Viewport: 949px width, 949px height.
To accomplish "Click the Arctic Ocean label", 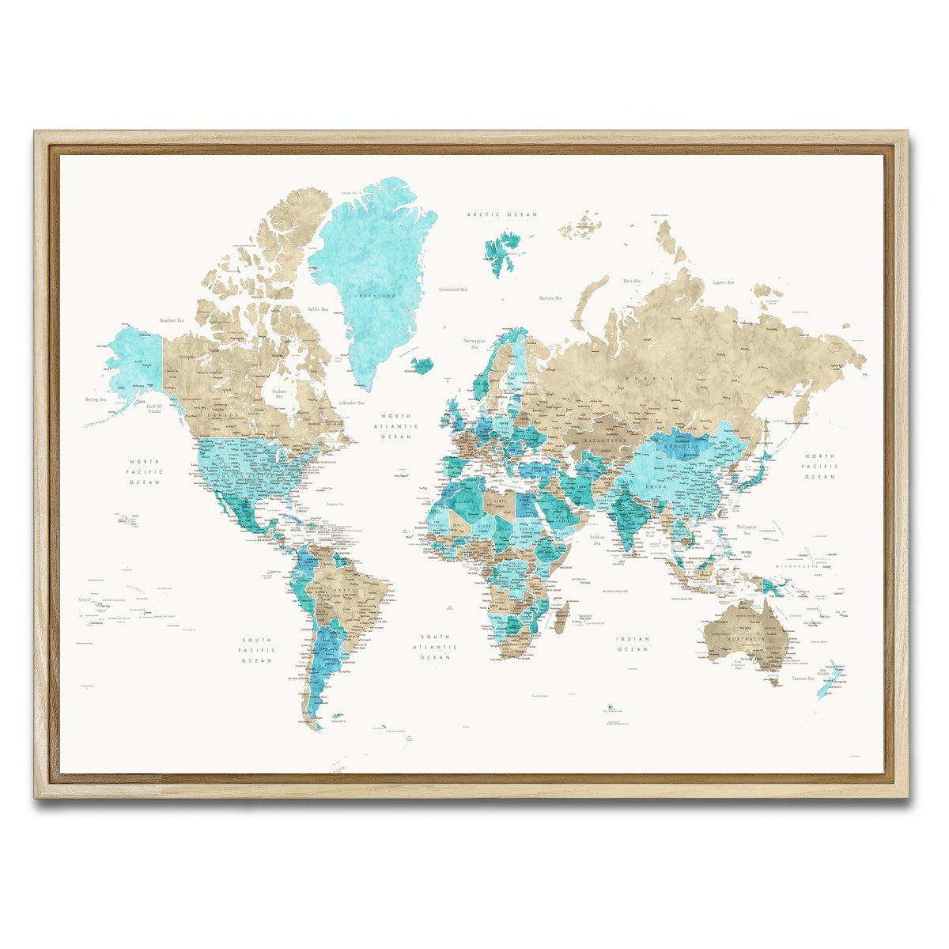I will coord(501,214).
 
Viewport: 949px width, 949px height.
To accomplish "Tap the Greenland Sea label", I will coord(452,290).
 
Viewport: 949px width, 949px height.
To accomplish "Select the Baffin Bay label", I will coord(319,308).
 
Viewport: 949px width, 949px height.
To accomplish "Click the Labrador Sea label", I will coord(350,403).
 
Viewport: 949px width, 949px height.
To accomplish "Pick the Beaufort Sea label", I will coord(172,320).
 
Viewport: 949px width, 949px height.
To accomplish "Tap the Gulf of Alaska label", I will coord(154,409).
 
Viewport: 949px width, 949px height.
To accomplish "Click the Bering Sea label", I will coord(96,400).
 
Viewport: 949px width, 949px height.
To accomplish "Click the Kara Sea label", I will coord(632,281).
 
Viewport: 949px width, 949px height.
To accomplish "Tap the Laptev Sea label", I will coord(724,282).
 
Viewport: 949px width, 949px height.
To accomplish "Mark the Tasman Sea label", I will coord(803,679).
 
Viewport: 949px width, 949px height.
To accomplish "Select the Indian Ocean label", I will coord(633,644).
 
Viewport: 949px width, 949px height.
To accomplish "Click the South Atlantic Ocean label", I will coord(435,647).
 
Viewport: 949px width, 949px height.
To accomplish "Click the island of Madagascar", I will coord(561,617).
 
